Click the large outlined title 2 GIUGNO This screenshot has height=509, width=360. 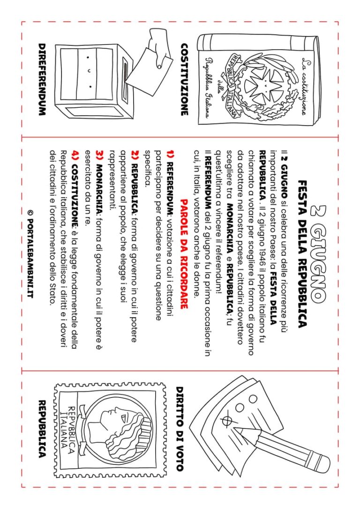click(316, 253)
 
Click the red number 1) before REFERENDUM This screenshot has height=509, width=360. click(171, 155)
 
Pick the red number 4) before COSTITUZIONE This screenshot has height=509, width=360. click(76, 155)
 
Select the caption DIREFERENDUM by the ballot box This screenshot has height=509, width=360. click(42, 80)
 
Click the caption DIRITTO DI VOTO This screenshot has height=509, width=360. click(180, 428)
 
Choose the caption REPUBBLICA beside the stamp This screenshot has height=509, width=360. click(42, 428)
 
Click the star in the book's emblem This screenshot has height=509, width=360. click(264, 86)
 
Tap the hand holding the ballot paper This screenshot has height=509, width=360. click(158, 49)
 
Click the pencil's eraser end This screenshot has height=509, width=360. click(322, 462)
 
